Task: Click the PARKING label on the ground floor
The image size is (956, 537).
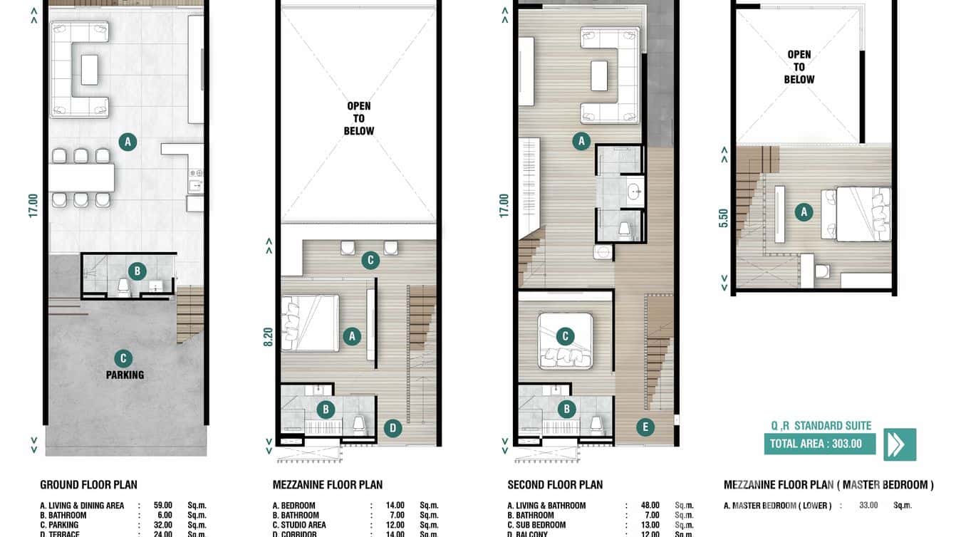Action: (x=125, y=375)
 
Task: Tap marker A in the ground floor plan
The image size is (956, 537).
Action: (x=128, y=142)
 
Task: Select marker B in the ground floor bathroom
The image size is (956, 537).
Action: (x=137, y=271)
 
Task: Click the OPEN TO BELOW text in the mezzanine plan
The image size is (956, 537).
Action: (x=358, y=118)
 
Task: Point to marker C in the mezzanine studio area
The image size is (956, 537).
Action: (x=370, y=260)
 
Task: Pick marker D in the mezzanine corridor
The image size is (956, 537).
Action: (x=392, y=428)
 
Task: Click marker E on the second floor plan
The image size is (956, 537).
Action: (x=645, y=427)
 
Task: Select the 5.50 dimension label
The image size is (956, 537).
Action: (x=724, y=217)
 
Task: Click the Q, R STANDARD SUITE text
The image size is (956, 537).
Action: (x=821, y=425)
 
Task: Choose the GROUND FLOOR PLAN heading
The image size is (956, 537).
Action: (x=88, y=485)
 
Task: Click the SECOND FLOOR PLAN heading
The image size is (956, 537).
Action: (x=555, y=485)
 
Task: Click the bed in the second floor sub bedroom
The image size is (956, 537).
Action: (x=566, y=340)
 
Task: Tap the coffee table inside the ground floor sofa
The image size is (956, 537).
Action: (x=90, y=70)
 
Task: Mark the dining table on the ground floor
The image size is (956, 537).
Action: (x=81, y=178)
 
